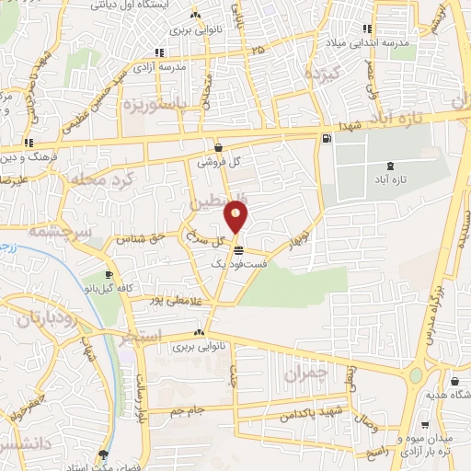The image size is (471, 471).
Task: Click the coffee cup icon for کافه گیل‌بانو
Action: coord(109,275)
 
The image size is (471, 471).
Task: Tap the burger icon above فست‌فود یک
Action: coord(239,250)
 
